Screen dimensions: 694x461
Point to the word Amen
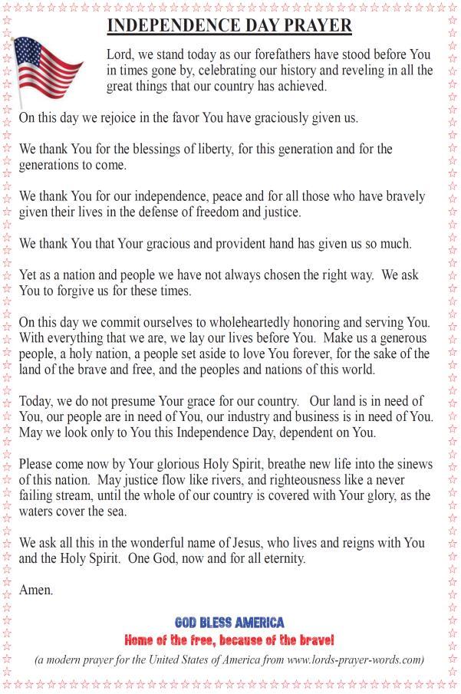(x=36, y=590)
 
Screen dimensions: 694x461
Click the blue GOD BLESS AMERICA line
(x=229, y=623)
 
